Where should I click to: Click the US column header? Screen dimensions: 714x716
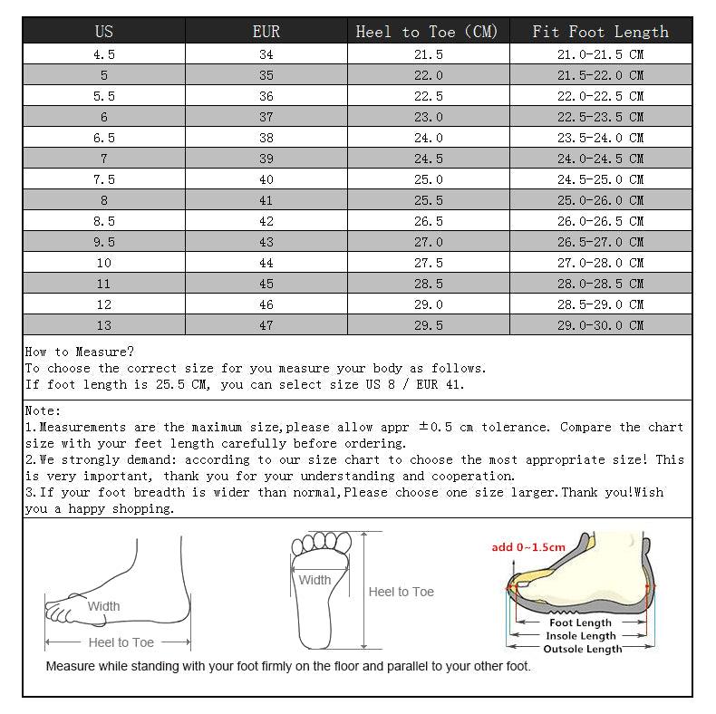pyautogui.click(x=104, y=32)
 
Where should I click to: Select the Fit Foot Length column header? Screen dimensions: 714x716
pyautogui.click(x=600, y=32)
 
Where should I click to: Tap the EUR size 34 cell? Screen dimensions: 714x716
pyautogui.click(x=266, y=54)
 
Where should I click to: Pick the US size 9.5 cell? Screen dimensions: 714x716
pyautogui.click(x=104, y=242)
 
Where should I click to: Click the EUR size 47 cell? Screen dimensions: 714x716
pyautogui.click(x=266, y=325)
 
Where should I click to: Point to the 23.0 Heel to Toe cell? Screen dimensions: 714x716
pyautogui.click(x=428, y=117)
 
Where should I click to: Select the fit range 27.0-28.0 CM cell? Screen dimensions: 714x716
pyautogui.click(x=600, y=263)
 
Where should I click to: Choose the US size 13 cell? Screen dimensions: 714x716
pyautogui.click(x=104, y=325)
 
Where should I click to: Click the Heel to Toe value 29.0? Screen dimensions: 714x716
pyautogui.click(x=428, y=304)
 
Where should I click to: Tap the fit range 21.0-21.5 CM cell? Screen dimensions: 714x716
pyautogui.click(x=600, y=54)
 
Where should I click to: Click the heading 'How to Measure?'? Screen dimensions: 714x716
pyautogui.click(x=80, y=352)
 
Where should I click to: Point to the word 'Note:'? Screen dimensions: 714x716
pyautogui.click(x=44, y=410)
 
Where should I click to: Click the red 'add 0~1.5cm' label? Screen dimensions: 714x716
pyautogui.click(x=528, y=546)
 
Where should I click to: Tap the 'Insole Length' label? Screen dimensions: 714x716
pyautogui.click(x=581, y=636)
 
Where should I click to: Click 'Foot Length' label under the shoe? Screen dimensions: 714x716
pyautogui.click(x=581, y=622)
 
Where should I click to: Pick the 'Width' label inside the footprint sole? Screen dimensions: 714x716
pyautogui.click(x=314, y=580)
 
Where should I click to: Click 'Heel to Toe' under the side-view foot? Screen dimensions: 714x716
pyautogui.click(x=121, y=642)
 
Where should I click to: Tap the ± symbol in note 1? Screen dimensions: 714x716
pyautogui.click(x=422, y=427)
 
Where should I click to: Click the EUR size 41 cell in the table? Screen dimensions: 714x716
pyautogui.click(x=266, y=200)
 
